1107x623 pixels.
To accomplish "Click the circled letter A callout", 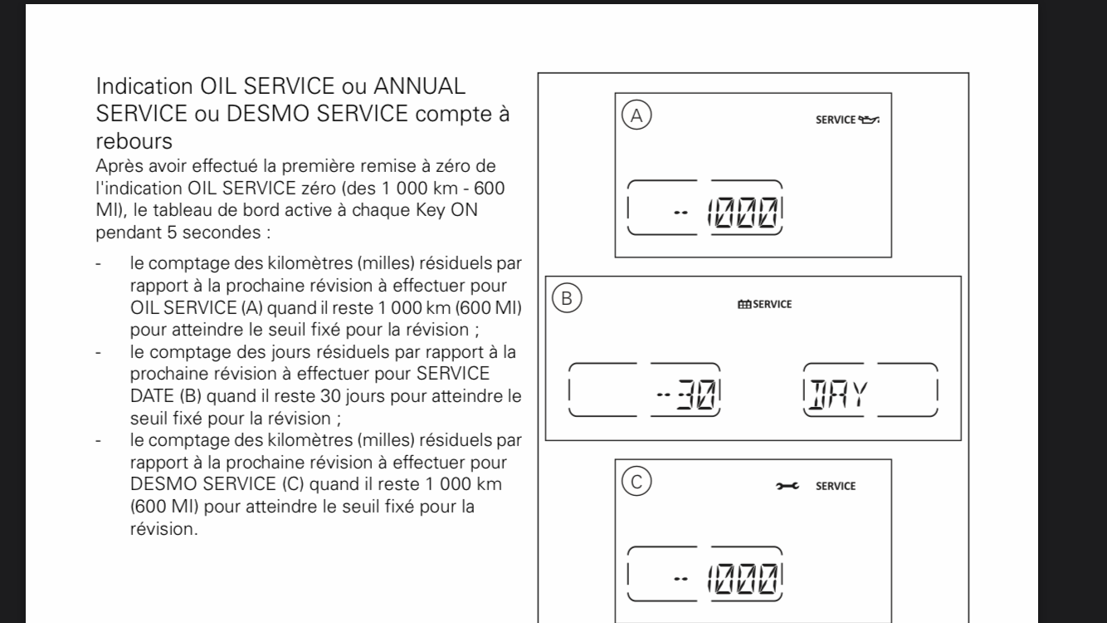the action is [636, 116].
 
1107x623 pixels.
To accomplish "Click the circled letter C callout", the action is [637, 481].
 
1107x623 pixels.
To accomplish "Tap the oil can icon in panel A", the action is [868, 120].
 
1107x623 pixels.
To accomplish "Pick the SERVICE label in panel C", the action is [836, 486].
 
